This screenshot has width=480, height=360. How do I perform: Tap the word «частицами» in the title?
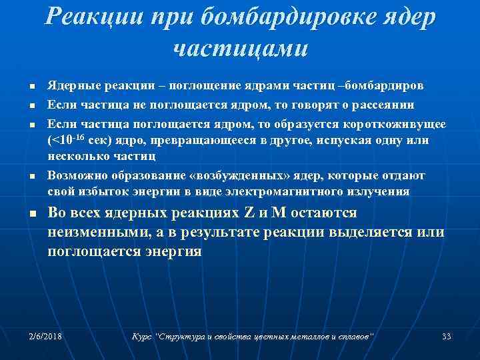[x=240, y=48]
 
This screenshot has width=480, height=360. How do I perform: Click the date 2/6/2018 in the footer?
[x=46, y=336]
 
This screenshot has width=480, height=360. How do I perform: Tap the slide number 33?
[x=447, y=336]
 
